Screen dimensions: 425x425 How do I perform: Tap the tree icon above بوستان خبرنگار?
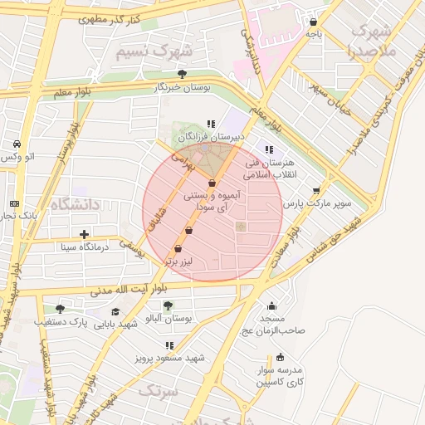182,74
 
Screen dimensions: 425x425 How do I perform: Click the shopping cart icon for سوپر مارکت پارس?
316,190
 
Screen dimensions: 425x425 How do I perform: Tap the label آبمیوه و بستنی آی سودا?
219,200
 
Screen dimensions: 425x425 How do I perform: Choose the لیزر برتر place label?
178,261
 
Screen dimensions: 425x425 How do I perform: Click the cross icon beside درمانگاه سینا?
84,234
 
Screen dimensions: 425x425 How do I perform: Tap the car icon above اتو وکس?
17,143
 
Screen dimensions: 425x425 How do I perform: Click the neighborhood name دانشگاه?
74,203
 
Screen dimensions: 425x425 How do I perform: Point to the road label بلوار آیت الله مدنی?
121,291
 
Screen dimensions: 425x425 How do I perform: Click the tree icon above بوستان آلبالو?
168,305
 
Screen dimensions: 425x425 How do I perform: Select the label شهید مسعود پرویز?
169,359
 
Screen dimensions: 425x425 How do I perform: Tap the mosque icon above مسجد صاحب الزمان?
271,305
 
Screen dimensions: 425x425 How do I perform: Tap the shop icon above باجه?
313,22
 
